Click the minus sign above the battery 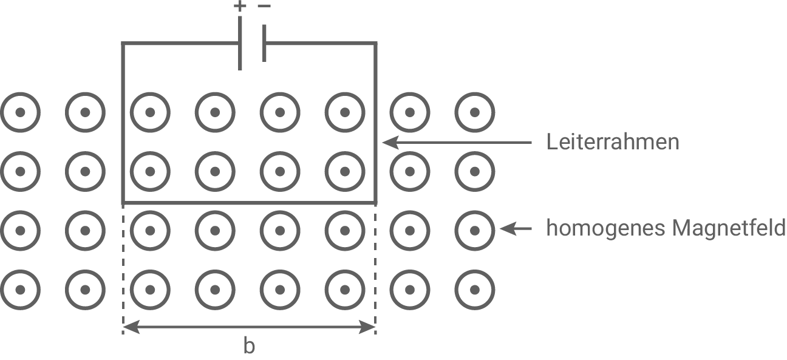click(264, 6)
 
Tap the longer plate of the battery click(240, 43)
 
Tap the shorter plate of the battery click(264, 43)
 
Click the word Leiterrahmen click(612, 143)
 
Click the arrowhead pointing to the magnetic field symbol click(506, 229)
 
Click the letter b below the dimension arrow click(249, 346)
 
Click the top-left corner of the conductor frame click(124, 44)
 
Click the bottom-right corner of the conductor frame click(375, 202)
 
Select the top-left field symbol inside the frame click(150, 112)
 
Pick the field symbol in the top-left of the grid click(20, 112)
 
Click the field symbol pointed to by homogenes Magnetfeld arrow click(475, 229)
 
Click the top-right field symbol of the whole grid click(475, 112)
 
